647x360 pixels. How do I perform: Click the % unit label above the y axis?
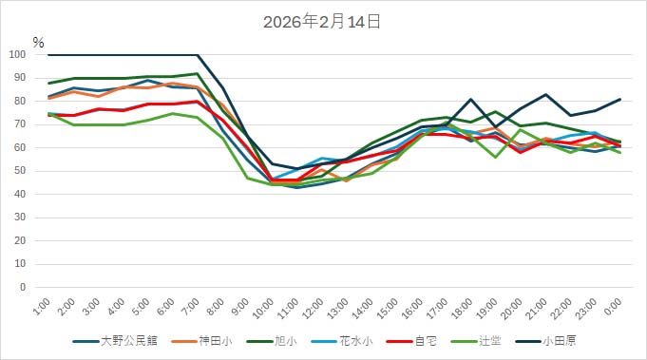[38, 42]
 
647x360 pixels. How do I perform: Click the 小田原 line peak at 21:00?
[546, 95]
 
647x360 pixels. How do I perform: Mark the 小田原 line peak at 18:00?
[471, 100]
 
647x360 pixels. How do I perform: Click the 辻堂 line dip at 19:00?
[496, 157]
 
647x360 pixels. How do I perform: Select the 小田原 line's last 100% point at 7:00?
[198, 55]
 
